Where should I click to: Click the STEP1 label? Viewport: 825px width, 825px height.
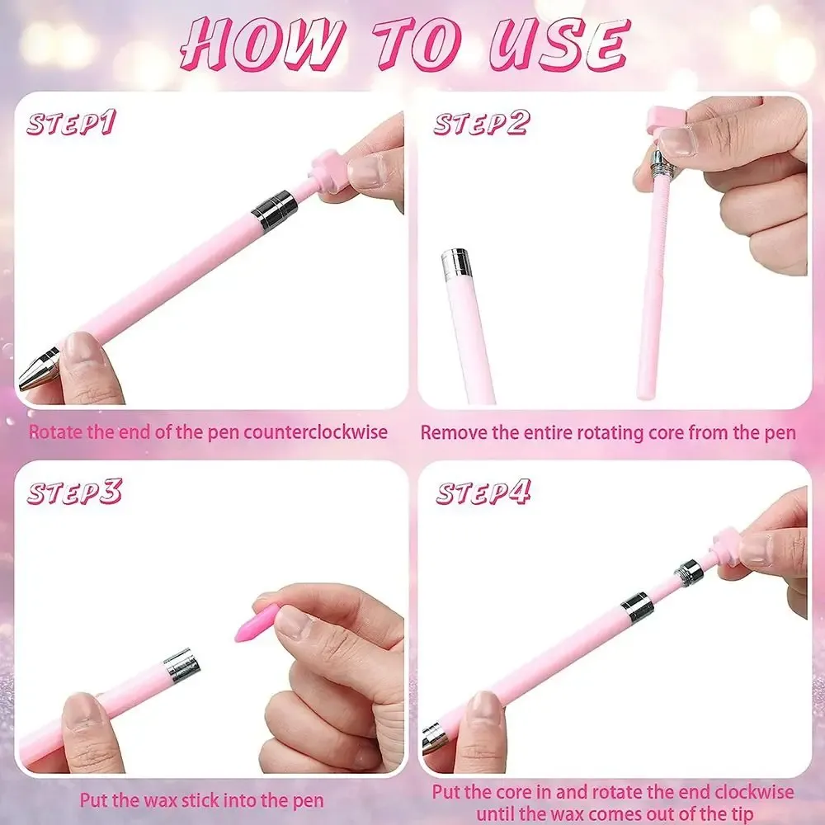pyautogui.click(x=70, y=123)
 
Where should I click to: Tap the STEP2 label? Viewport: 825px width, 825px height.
pyautogui.click(x=482, y=123)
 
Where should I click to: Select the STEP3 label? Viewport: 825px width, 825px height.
pyautogui.click(x=74, y=492)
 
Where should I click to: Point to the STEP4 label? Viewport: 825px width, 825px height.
pyautogui.click(x=483, y=492)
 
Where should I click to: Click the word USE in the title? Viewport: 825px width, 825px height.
pyautogui.click(x=558, y=45)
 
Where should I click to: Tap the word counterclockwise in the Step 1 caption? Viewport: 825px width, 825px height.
pyautogui.click(x=315, y=432)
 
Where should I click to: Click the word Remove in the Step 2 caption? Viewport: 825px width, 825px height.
pyautogui.click(x=452, y=432)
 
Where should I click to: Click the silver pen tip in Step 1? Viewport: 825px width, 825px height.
pyautogui.click(x=39, y=369)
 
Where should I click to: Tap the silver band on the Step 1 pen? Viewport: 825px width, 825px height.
pyautogui.click(x=275, y=210)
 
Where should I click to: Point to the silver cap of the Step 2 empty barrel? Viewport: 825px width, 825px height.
pyautogui.click(x=455, y=262)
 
